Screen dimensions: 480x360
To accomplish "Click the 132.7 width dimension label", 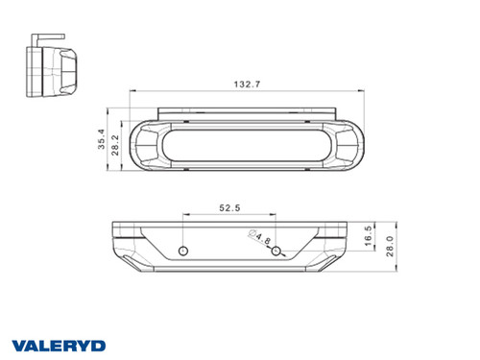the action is [x=247, y=84].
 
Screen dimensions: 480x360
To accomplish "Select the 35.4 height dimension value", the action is [x=102, y=139].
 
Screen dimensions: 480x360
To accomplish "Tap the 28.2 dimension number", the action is [x=115, y=145].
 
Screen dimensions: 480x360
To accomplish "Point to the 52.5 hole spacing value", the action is [x=229, y=208].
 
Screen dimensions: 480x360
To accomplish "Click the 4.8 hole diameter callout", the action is [x=263, y=238].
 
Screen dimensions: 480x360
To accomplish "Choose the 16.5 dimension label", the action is [x=369, y=236].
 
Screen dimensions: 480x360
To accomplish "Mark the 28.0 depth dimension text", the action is [x=390, y=246].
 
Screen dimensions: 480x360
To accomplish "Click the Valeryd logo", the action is [x=59, y=346].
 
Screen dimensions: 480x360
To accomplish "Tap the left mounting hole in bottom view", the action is [x=183, y=252].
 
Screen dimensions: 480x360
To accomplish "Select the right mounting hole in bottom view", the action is [x=276, y=252].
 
